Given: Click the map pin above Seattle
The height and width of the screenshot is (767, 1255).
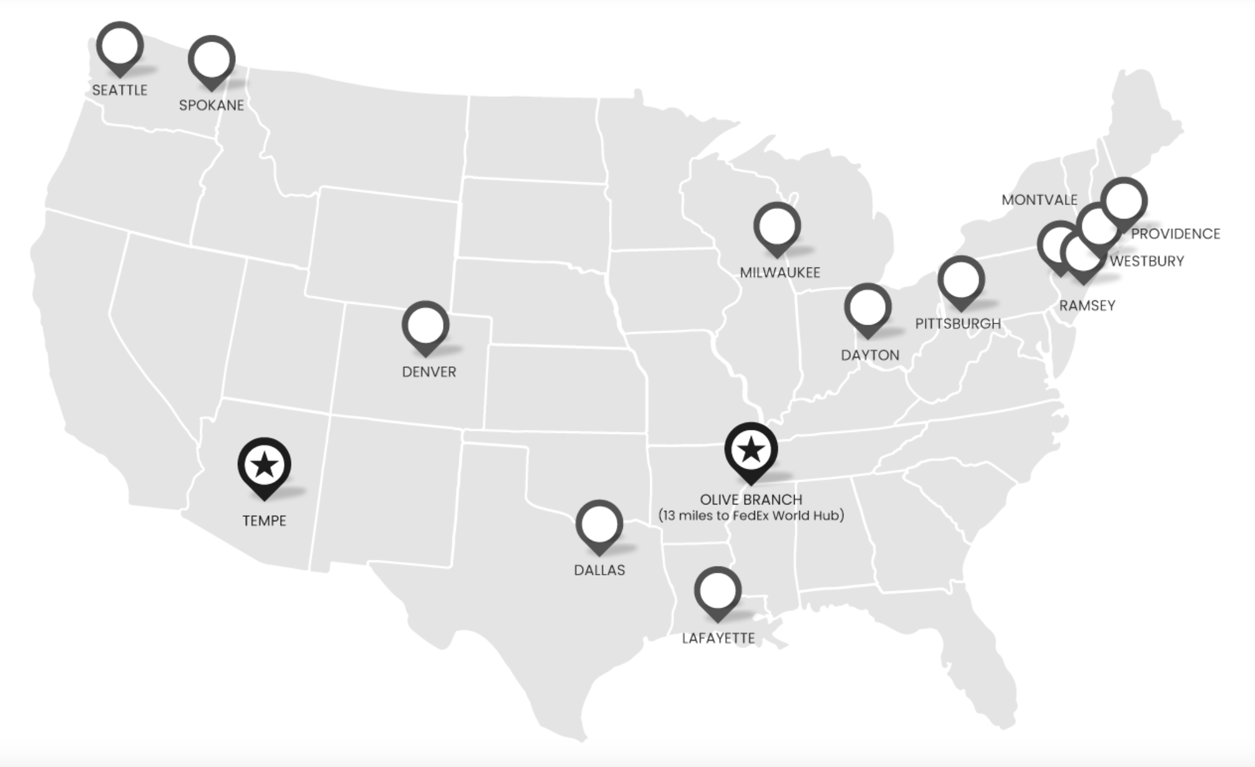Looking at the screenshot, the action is coord(120,47).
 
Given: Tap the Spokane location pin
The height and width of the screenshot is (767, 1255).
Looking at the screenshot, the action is coord(212,60).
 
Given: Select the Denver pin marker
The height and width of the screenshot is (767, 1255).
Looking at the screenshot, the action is coord(425,326).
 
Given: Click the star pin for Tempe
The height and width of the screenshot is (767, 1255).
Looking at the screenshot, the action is coord(265,465).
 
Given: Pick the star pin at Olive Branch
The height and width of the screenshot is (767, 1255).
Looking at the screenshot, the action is coord(751,450).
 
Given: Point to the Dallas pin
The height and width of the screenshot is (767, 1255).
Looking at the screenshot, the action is coord(599,524).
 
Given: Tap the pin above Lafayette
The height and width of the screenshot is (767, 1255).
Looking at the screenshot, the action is coord(717,591).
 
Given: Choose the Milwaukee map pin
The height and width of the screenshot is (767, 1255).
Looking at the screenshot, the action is coord(777,227).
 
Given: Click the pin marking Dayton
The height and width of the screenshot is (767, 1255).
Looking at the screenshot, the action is coord(868,308).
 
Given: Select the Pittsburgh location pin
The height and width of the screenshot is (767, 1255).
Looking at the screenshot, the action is coord(961,280).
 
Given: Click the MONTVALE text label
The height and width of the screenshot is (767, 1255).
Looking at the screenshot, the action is coord(1039,200).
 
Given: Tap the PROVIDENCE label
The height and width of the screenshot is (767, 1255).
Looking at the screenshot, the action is coord(1175,234).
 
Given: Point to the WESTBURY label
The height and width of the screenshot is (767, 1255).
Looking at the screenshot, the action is coord(1146,261).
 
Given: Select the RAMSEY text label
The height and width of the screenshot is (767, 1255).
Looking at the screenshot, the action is coord(1087,305).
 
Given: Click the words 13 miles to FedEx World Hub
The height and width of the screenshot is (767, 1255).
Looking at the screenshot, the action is coord(751,516).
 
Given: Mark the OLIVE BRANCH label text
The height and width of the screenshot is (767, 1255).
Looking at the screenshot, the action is coord(751,500).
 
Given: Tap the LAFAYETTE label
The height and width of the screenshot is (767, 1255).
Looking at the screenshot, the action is coord(718,638).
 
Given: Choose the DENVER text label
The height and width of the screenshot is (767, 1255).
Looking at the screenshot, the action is coord(429,372).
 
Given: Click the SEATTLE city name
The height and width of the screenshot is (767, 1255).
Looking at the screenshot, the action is coord(120,90).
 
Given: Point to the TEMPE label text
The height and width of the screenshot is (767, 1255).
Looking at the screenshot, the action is coord(265,520).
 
